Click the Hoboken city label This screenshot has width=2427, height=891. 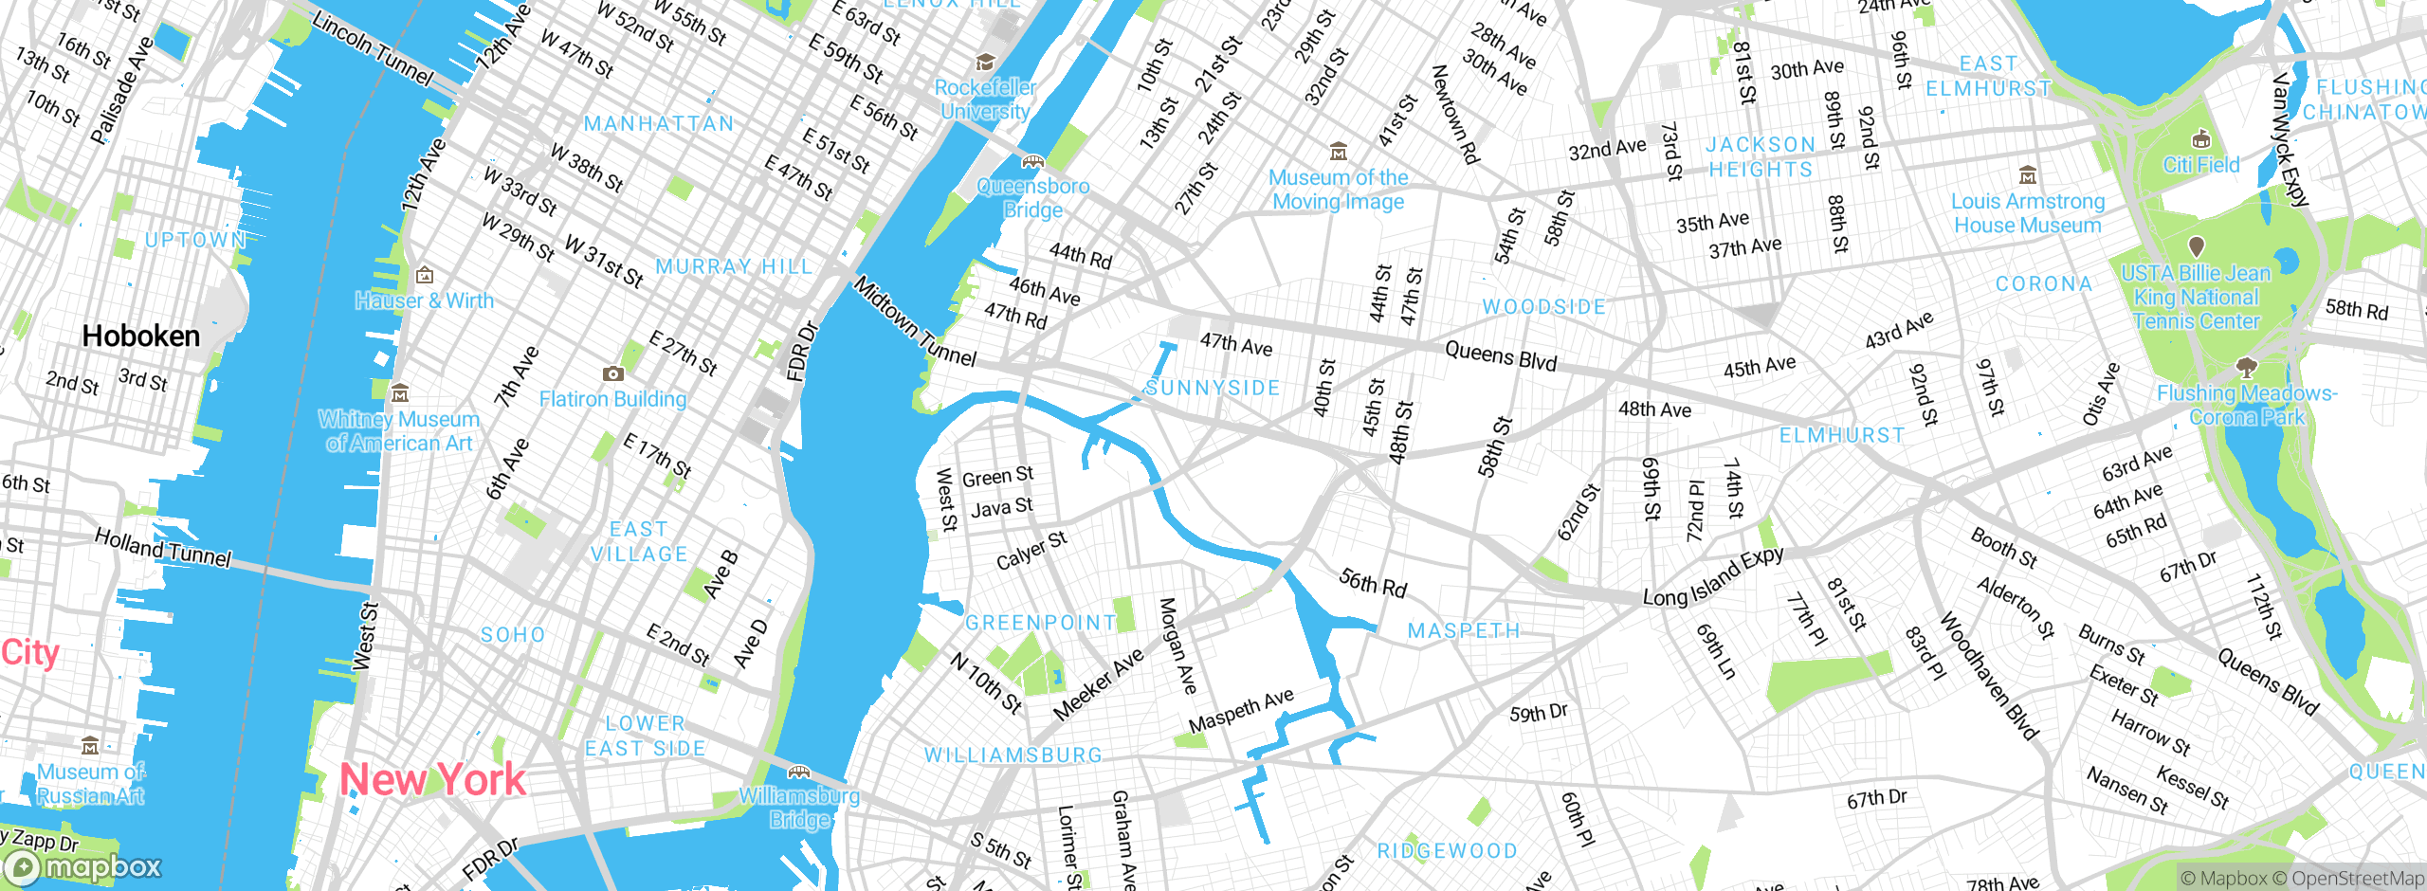click(x=141, y=336)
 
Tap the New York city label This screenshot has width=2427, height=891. click(x=432, y=779)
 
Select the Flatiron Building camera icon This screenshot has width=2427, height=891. click(x=613, y=373)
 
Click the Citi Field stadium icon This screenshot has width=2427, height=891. click(x=2201, y=139)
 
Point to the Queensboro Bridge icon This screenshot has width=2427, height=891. click(x=1032, y=162)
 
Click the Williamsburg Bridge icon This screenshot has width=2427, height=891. click(x=799, y=772)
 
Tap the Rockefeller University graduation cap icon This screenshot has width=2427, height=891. click(x=985, y=63)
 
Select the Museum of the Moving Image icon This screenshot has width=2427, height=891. click(x=1338, y=152)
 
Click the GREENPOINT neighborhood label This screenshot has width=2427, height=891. click(x=1041, y=623)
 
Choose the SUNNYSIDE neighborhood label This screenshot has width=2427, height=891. click(x=1213, y=388)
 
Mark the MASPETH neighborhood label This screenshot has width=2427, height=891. click(x=1464, y=630)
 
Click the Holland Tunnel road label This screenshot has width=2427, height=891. click(x=163, y=548)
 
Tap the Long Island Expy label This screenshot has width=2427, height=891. click(x=1713, y=576)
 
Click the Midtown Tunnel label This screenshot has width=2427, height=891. click(x=915, y=322)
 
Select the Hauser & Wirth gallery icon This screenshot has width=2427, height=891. click(x=425, y=276)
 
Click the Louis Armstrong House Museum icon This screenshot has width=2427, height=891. click(x=2028, y=176)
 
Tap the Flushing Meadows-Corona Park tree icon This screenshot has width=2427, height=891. click(x=2245, y=368)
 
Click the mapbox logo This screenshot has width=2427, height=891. click(x=82, y=867)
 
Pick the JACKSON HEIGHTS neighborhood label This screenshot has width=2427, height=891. click(x=1761, y=157)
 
